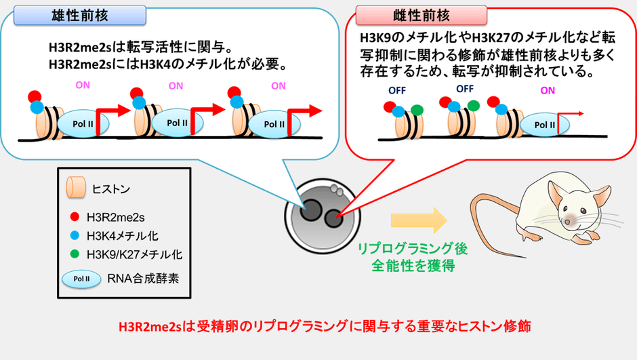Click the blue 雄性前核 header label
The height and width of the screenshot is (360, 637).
(80, 16)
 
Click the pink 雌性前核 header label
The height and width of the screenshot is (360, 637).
(422, 16)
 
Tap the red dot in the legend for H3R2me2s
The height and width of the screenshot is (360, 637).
(75, 216)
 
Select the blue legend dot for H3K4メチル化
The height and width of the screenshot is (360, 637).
(75, 235)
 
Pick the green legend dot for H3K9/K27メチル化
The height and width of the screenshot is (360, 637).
(75, 254)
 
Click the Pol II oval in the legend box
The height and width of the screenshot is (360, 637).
(81, 279)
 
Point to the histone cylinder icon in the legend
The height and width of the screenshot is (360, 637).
(76, 187)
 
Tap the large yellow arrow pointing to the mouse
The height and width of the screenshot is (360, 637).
(419, 220)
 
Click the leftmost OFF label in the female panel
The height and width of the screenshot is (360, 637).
(397, 90)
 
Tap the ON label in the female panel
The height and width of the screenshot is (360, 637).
(548, 90)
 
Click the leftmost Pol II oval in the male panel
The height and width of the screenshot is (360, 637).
(83, 123)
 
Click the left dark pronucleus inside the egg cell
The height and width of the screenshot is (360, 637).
(311, 210)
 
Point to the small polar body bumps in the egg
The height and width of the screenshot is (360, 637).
(336, 189)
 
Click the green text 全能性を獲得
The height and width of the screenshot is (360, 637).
(413, 266)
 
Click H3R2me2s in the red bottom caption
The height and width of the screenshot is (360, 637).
(150, 327)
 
